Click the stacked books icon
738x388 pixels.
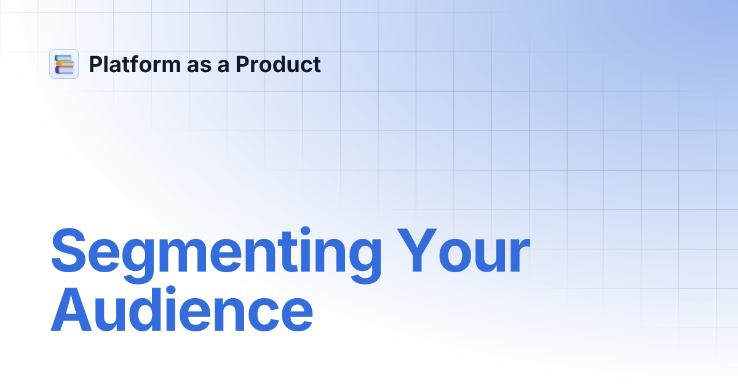[64, 64]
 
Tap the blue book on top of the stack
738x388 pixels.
[63, 58]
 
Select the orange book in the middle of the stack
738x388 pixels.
[65, 64]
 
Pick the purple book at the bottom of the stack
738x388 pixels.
[64, 70]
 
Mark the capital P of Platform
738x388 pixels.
[96, 64]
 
